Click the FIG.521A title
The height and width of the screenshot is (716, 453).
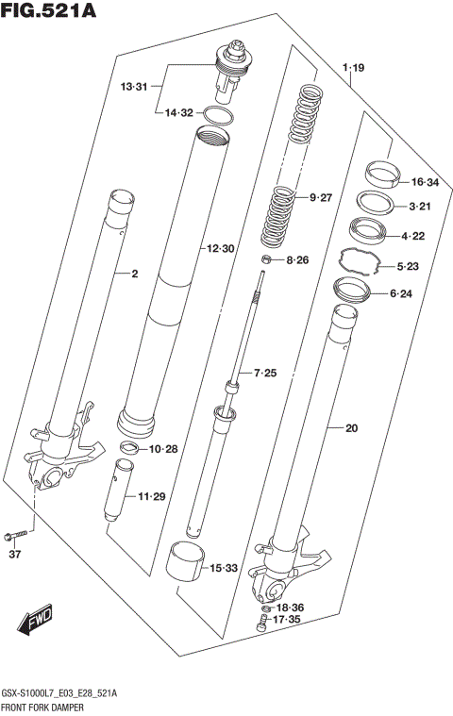click(50, 12)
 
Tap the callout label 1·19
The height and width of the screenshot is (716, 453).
click(353, 67)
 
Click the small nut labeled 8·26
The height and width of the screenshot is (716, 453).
click(267, 259)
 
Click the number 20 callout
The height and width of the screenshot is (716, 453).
click(351, 428)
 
